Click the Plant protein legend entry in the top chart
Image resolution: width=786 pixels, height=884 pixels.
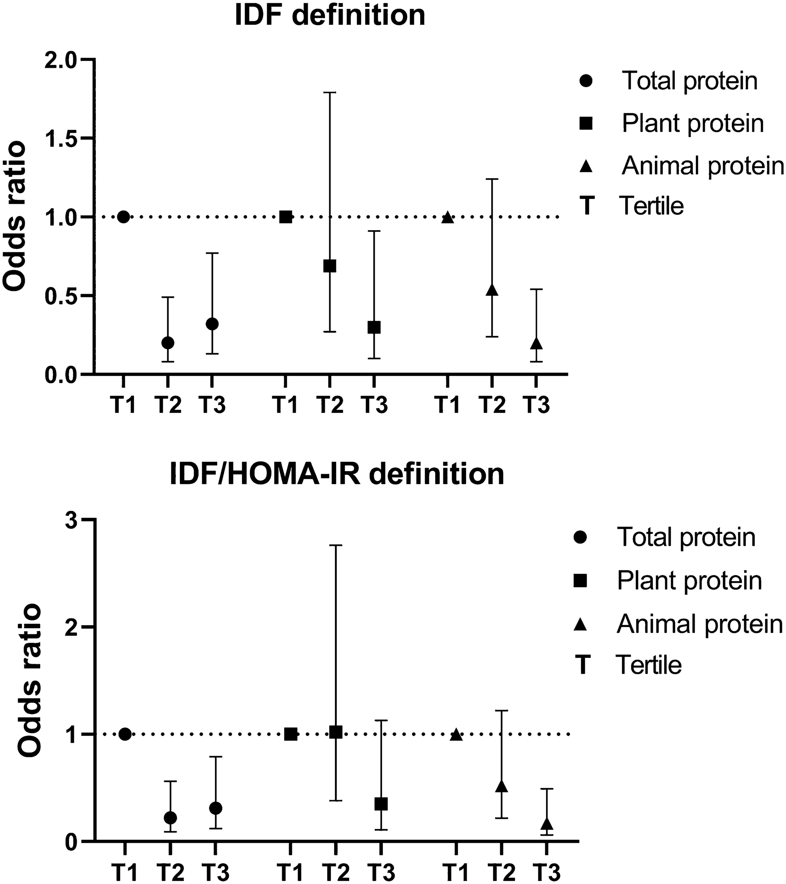[x=693, y=123]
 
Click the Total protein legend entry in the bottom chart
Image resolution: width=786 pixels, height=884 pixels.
[x=686, y=537]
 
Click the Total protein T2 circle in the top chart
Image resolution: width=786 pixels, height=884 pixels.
[x=168, y=343]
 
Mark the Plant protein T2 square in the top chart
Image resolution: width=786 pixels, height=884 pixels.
[x=330, y=266]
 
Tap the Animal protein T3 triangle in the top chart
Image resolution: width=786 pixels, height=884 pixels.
[x=536, y=344]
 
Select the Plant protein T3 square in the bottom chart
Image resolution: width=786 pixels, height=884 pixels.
[x=381, y=804]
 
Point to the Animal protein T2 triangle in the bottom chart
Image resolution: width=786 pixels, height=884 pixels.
[x=501, y=785]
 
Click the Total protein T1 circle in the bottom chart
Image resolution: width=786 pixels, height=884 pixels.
[x=125, y=734]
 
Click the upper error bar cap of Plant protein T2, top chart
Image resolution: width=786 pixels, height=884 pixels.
[x=330, y=93]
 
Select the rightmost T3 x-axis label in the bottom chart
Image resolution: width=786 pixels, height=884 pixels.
[x=547, y=871]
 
